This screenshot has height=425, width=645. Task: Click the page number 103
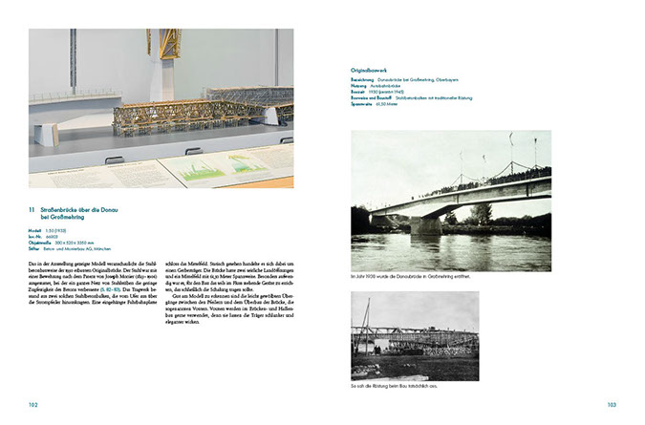pyautogui.click(x=611, y=405)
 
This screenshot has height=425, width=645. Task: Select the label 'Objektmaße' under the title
pyautogui.click(x=40, y=243)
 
